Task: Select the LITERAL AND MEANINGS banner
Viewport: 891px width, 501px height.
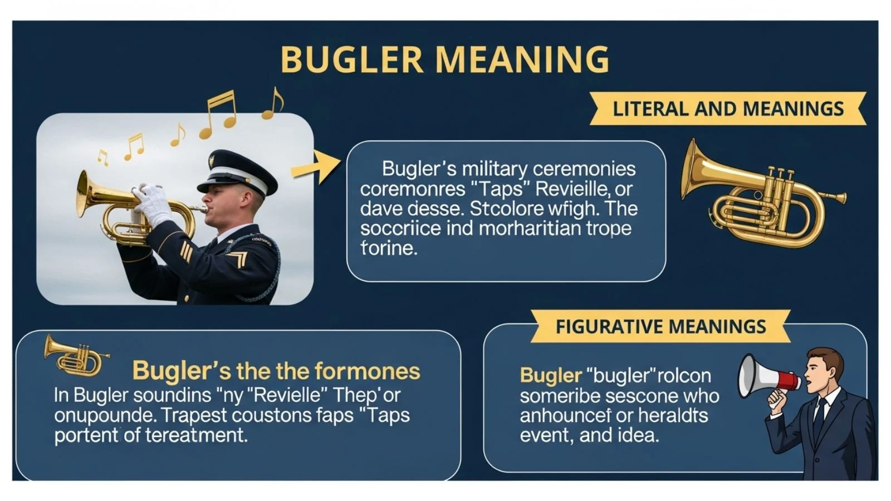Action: click(728, 109)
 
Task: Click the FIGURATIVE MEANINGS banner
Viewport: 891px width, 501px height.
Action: click(660, 326)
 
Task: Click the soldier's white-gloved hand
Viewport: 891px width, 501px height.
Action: click(151, 203)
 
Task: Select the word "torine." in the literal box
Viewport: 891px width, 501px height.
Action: click(389, 248)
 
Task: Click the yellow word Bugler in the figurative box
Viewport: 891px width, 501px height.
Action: click(551, 376)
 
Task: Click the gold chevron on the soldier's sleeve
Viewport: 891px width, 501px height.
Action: click(238, 259)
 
